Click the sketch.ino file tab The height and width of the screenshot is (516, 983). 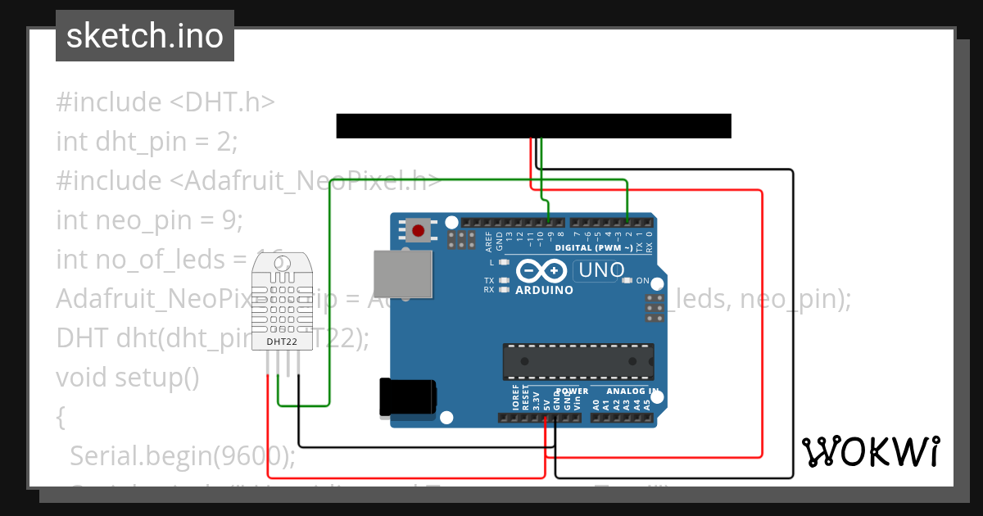tap(145, 36)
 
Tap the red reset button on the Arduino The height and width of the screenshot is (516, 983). tap(419, 230)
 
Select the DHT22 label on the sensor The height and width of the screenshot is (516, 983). tap(281, 340)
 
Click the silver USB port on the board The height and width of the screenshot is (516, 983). tap(402, 274)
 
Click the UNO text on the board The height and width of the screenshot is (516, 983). tap(602, 270)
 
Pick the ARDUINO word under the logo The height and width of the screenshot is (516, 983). tap(544, 290)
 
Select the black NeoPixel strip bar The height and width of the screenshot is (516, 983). tap(533, 126)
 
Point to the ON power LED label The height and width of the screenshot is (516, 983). tap(642, 281)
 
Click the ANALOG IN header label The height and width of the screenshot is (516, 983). tap(626, 392)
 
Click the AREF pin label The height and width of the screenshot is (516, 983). tap(489, 240)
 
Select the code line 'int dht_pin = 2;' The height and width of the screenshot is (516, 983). tap(147, 142)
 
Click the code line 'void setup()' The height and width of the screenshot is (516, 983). tap(128, 378)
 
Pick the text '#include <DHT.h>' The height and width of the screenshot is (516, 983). tap(165, 102)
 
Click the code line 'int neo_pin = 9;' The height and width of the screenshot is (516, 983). tap(150, 220)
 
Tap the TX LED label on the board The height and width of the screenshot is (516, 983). tap(489, 281)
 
